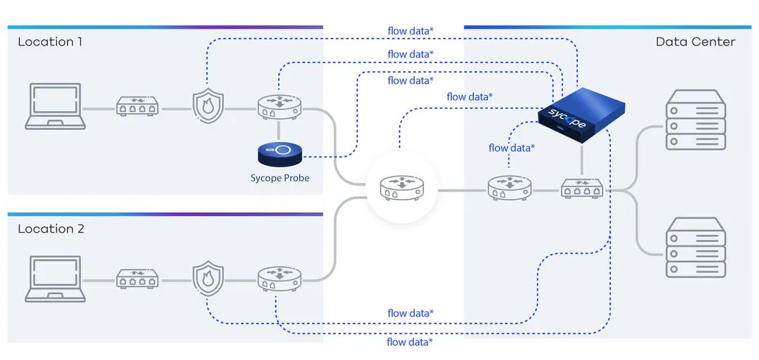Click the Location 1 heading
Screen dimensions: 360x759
click(50, 42)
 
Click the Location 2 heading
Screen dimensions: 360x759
click(50, 229)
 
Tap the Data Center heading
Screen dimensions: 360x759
click(695, 42)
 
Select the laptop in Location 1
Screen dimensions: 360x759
click(56, 106)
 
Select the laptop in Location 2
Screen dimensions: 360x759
click(56, 279)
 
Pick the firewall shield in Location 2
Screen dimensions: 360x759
click(207, 278)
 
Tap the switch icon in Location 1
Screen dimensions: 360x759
click(137, 108)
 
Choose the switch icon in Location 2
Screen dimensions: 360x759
click(137, 279)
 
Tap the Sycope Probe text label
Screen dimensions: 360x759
click(280, 178)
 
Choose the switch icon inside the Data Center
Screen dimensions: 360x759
click(582, 188)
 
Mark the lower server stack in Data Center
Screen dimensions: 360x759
click(695, 247)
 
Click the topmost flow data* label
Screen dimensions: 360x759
click(410, 31)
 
